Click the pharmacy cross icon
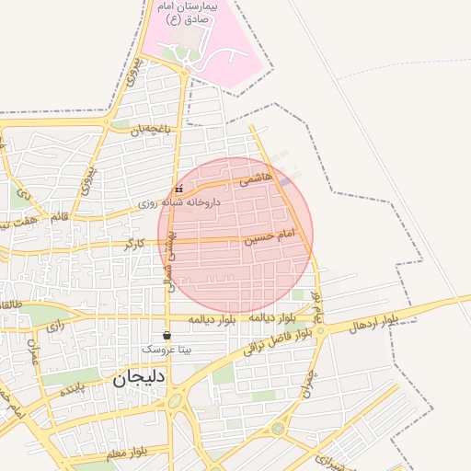178,190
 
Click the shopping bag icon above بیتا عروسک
167,335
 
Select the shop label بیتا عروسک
167,350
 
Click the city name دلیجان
139,379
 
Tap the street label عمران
34,353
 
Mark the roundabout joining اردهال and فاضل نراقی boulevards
321,330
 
